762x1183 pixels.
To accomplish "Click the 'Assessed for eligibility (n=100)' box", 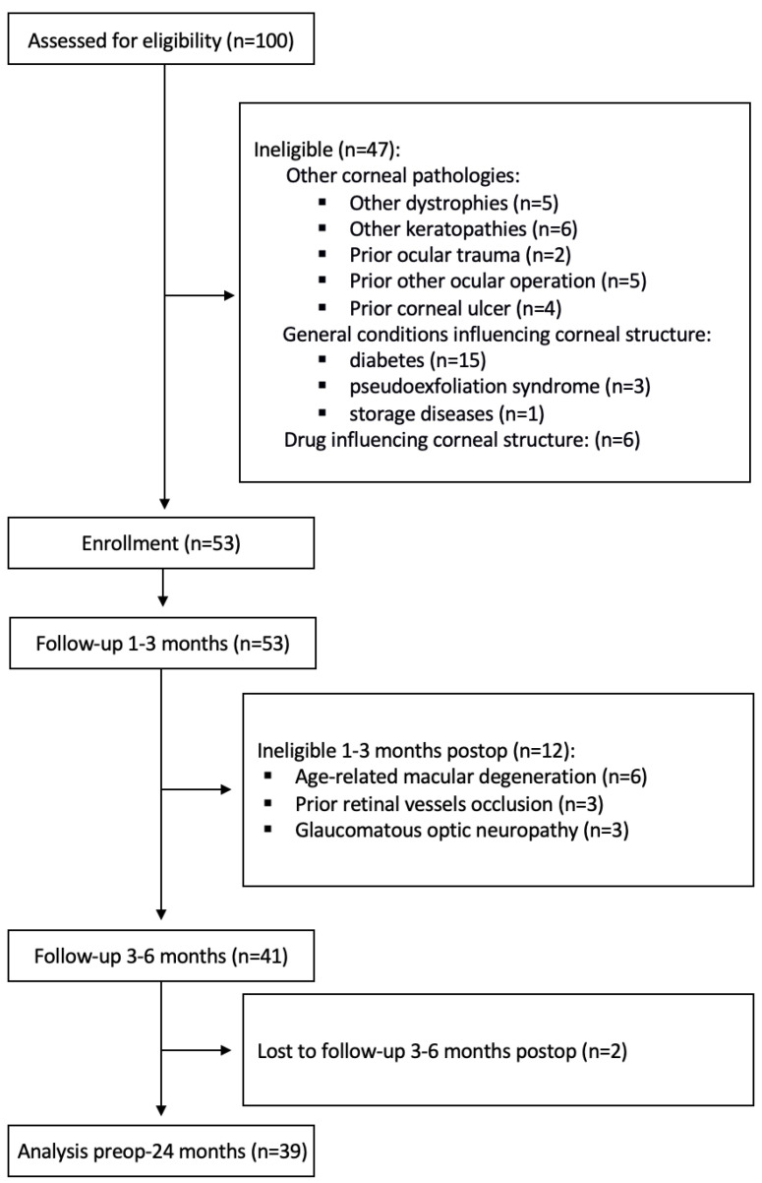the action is pyautogui.click(x=161, y=39).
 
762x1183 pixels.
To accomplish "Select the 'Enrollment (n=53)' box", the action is pyautogui.click(x=161, y=543).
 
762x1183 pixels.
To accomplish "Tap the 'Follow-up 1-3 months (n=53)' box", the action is pyautogui.click(x=162, y=644).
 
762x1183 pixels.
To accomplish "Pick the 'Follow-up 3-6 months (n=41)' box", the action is pyautogui.click(x=161, y=956).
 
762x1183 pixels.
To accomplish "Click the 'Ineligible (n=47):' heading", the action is pyautogui.click(x=327, y=150).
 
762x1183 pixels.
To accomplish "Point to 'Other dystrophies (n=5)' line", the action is pyautogui.click(x=454, y=203).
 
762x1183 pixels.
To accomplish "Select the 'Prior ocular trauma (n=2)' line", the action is pyautogui.click(x=460, y=255).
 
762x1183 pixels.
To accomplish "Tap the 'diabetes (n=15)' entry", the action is pyautogui.click(x=418, y=360).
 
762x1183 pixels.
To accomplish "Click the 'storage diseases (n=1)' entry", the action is pyautogui.click(x=446, y=413).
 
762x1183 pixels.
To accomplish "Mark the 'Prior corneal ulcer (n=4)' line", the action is pyautogui.click(x=455, y=308).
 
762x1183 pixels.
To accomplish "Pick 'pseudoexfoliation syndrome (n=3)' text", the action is pyautogui.click(x=499, y=387).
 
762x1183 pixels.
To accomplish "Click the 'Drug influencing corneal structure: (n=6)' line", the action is pyautogui.click(x=462, y=440).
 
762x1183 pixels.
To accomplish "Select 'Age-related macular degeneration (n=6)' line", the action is pyautogui.click(x=471, y=777).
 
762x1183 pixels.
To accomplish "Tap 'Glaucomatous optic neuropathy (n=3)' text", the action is pyautogui.click(x=462, y=831).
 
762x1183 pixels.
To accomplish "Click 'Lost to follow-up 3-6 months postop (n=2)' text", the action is pyautogui.click(x=441, y=1051).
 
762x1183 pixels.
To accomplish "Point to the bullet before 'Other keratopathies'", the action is pyautogui.click(x=322, y=228).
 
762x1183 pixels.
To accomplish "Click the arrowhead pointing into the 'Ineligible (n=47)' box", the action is pyautogui.click(x=229, y=295).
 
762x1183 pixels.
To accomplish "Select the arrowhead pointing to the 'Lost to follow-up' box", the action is pyautogui.click(x=226, y=1050).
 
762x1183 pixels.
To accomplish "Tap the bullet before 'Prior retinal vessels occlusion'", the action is pyautogui.click(x=268, y=803).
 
